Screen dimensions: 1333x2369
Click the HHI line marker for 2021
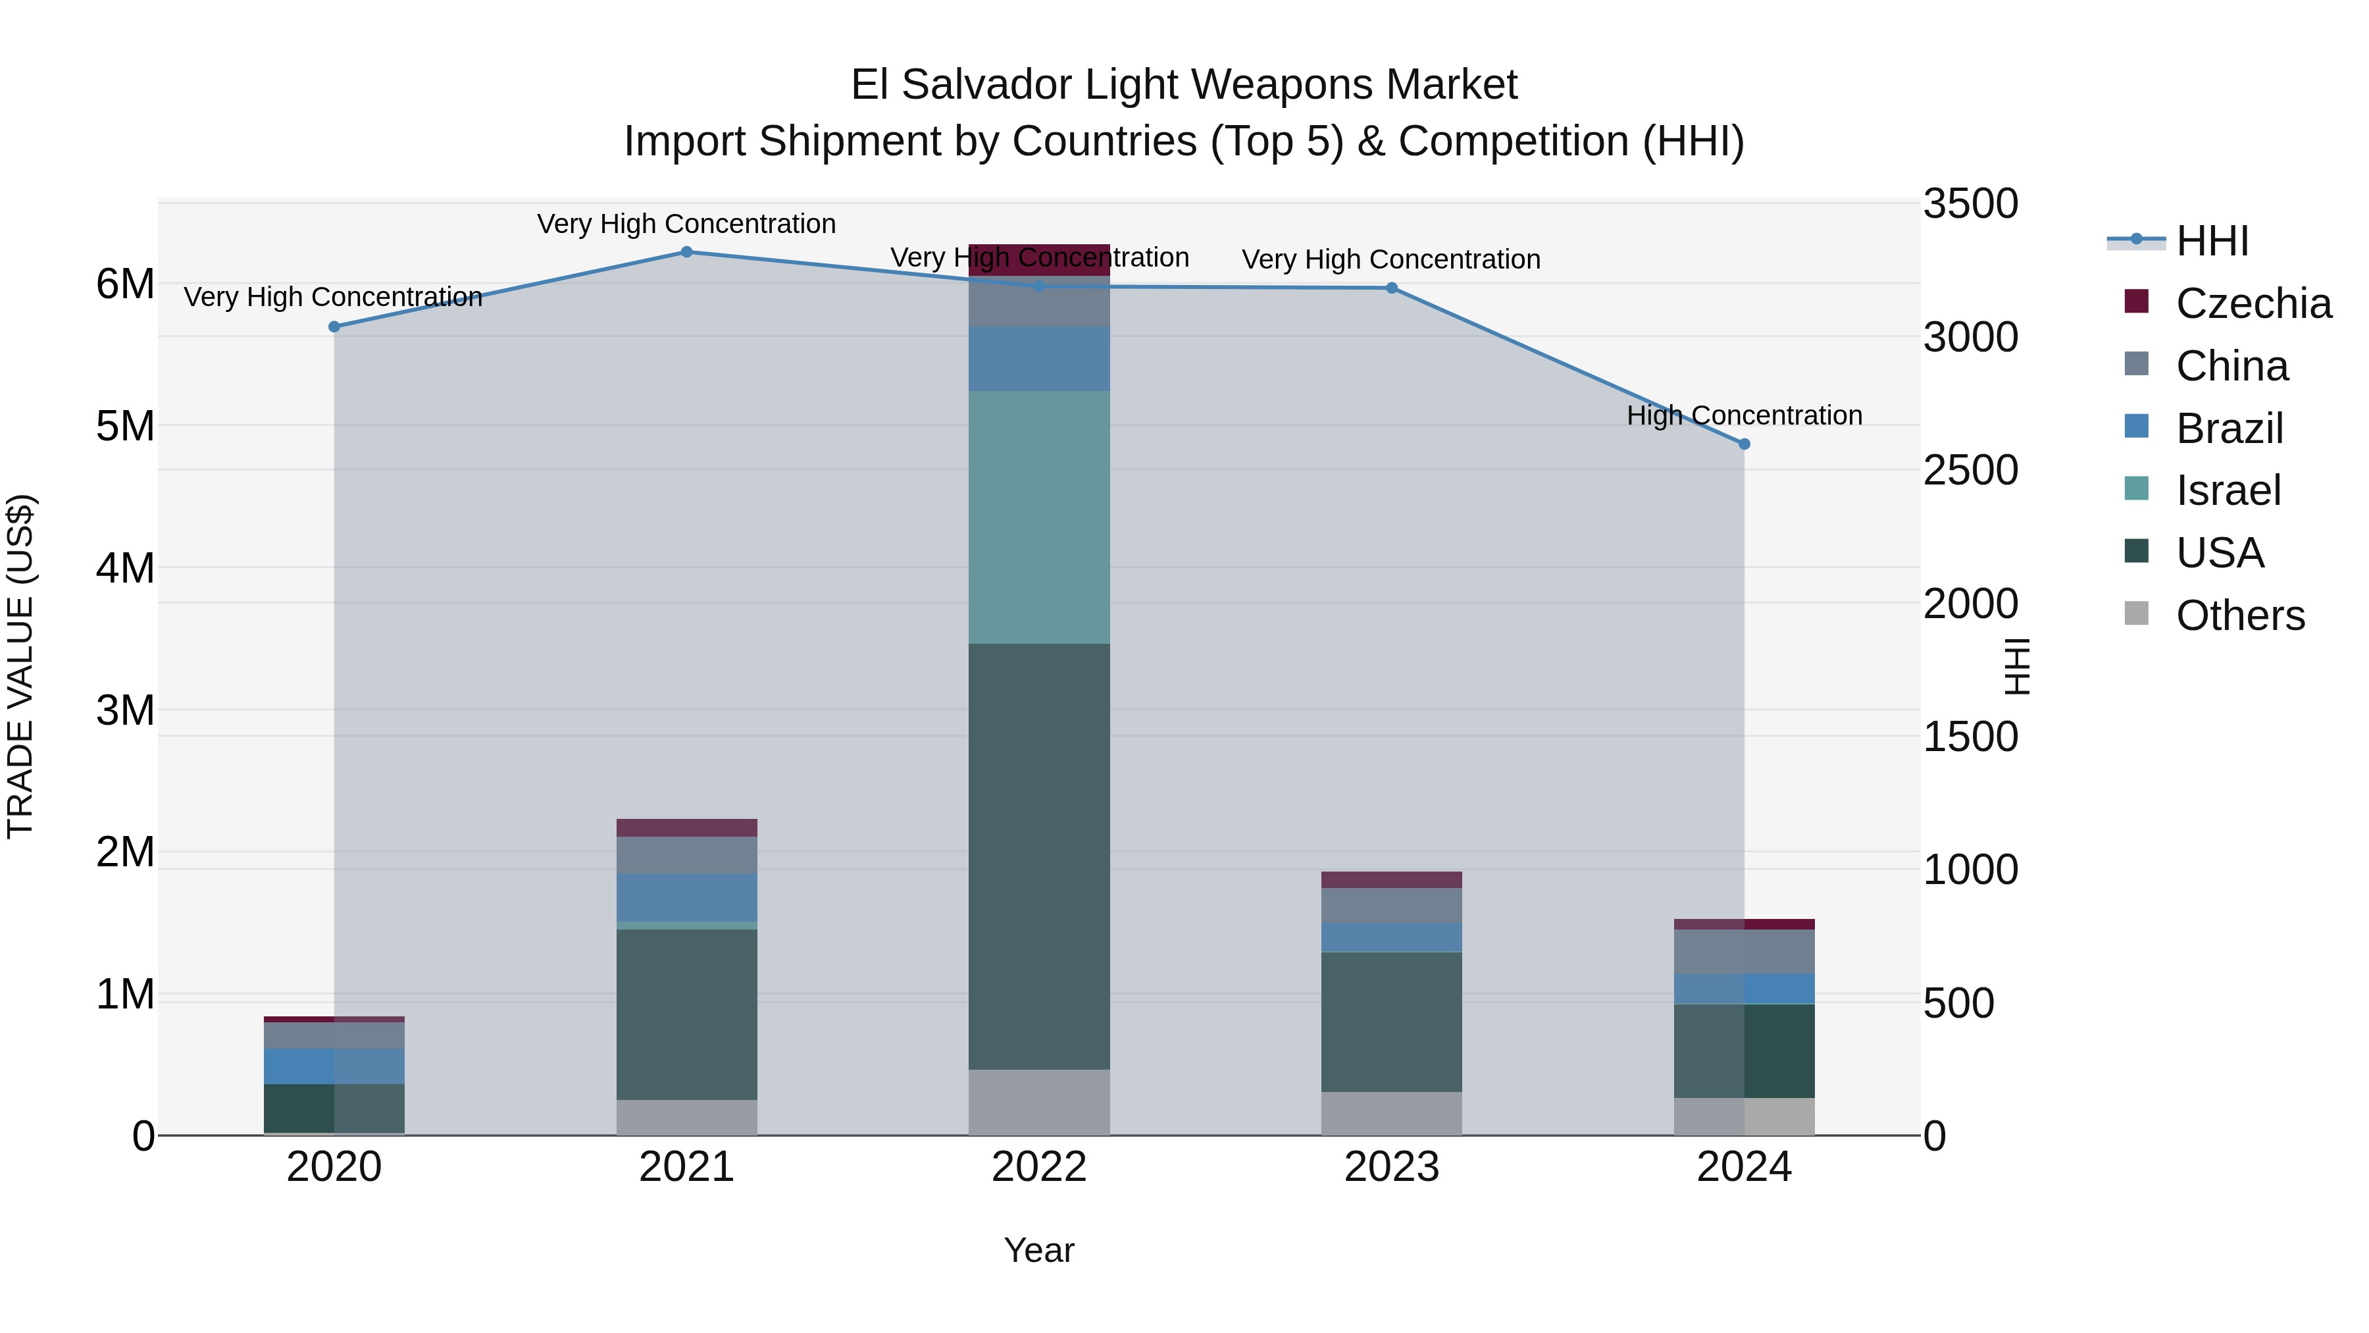686,252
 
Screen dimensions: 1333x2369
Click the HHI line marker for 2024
1744,444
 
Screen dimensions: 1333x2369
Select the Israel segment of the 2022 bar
1039,517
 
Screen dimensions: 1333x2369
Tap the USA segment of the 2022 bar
1039,856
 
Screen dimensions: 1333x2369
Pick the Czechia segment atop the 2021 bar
686,827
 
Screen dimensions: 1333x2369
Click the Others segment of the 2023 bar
1391,1113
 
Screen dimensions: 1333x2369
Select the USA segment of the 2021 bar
686,1014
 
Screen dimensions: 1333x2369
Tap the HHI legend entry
2211,241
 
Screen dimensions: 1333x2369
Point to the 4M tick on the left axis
125,567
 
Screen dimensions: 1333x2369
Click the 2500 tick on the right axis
1970,470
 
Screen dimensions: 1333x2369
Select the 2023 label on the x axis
1391,1166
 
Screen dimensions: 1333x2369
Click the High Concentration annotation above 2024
1744,416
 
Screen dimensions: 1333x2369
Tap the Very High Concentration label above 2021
686,224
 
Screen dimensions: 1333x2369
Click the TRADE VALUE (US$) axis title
20,666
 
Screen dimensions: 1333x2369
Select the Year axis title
1039,1250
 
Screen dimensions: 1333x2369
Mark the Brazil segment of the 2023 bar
1391,937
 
